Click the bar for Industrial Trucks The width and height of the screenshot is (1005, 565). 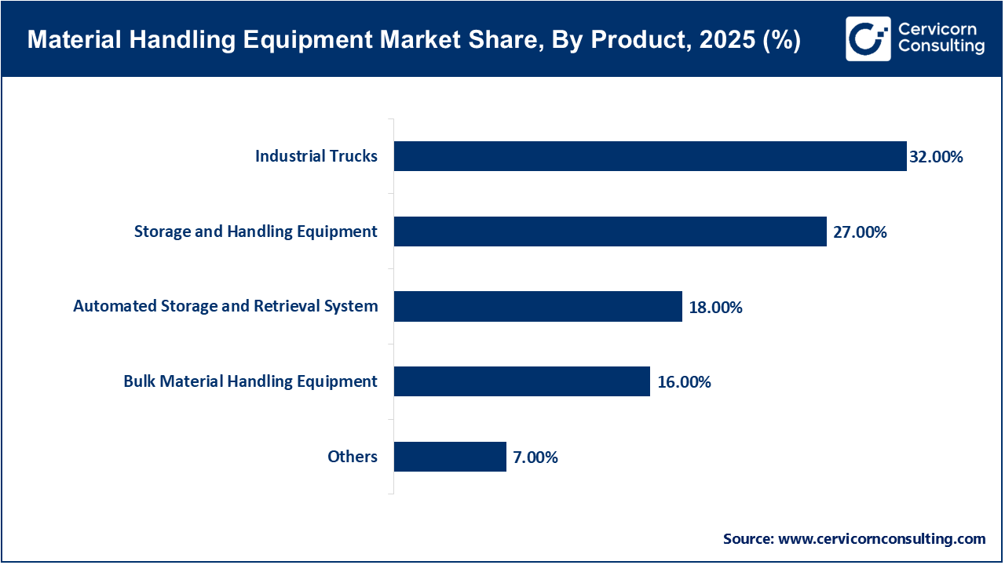(650, 156)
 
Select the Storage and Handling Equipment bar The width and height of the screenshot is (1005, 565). (610, 231)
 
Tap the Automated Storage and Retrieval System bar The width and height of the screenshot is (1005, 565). (538, 306)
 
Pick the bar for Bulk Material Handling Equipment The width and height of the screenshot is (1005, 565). (521, 381)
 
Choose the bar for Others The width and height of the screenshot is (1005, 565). (450, 457)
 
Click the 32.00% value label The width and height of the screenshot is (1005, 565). (936, 157)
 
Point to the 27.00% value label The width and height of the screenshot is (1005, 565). (860, 232)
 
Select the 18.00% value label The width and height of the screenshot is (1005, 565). (715, 308)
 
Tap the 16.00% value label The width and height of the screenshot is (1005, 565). (684, 382)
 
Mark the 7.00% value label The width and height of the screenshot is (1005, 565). (535, 457)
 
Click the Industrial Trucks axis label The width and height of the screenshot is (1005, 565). (316, 156)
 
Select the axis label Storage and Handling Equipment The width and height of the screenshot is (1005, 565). (256, 231)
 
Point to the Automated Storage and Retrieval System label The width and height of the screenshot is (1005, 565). (225, 306)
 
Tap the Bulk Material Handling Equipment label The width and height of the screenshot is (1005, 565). (250, 381)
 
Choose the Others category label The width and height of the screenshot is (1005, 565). (353, 457)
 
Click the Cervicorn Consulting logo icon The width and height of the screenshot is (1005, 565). (868, 38)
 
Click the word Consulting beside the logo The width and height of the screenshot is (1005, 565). (941, 47)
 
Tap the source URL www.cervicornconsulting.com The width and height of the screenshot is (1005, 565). (882, 539)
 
